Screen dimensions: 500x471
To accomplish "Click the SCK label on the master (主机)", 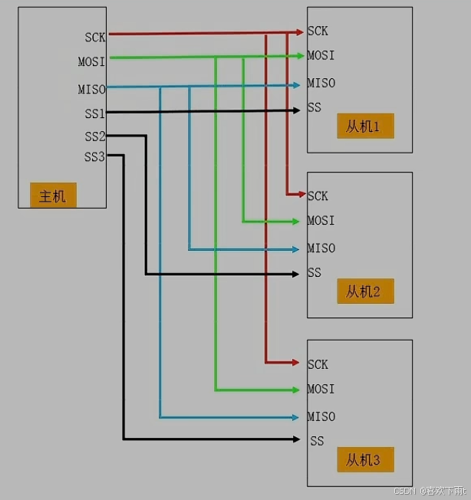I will (95, 37).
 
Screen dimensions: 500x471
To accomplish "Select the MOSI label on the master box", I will (92, 61).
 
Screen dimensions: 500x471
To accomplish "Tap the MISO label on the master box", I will (92, 89).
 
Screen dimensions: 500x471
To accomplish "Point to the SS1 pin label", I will (95, 113).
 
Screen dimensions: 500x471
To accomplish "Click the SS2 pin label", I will (95, 137).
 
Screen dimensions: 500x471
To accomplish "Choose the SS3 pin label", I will (95, 157).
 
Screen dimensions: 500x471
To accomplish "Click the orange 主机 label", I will (53, 196).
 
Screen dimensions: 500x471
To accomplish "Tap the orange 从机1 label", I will (364, 126).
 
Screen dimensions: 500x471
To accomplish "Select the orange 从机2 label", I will (364, 291).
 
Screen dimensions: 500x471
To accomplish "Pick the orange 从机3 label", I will (364, 460).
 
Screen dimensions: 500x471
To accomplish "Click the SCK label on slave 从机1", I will (318, 31).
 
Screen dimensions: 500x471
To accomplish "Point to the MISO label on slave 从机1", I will (321, 83).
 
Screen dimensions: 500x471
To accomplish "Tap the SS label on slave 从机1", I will (315, 107).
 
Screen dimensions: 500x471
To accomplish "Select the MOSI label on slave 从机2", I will (321, 221).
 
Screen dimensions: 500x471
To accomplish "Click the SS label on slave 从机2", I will (315, 273).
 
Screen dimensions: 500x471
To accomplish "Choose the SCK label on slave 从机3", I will (318, 364).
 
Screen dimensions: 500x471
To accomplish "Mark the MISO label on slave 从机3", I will (321, 416).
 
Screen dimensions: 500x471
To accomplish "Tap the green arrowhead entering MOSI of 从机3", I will (295, 389).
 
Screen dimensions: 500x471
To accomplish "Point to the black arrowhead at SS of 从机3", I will (295, 439).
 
